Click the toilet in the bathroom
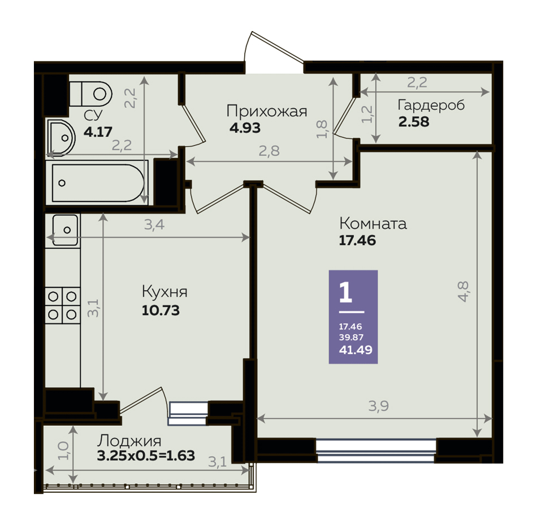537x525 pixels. (91, 94)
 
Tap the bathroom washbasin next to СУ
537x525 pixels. (61, 137)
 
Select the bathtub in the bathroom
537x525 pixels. (98, 183)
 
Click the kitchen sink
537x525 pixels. (65, 230)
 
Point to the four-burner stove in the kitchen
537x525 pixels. (62, 305)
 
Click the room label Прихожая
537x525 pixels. (267, 112)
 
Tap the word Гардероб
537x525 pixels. (431, 105)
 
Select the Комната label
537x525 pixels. (373, 224)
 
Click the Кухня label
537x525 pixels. (164, 292)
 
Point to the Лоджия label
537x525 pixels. (129, 441)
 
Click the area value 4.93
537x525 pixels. (245, 128)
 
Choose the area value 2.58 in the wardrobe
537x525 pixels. (414, 122)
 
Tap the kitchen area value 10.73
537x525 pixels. (161, 310)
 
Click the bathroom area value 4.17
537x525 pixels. (98, 132)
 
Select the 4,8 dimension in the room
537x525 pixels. (463, 291)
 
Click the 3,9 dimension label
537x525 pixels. (378, 406)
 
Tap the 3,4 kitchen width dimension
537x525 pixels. (154, 225)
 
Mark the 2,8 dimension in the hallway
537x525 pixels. (269, 151)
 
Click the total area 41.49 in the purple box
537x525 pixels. (356, 350)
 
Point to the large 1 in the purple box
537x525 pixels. (345, 293)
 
